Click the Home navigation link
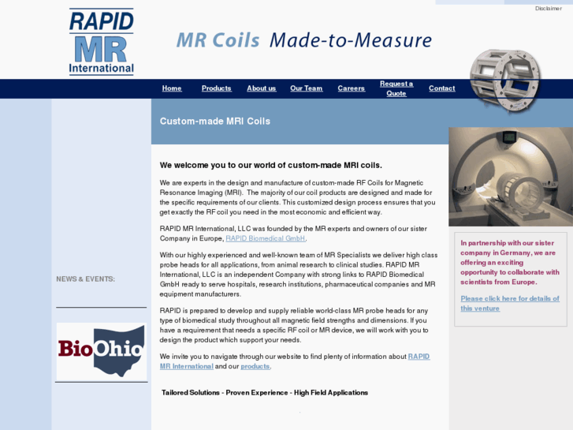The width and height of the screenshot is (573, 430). [x=172, y=88]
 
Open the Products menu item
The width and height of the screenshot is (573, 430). [x=216, y=88]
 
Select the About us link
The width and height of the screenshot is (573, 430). [x=261, y=88]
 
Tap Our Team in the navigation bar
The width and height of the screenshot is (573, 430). [x=306, y=88]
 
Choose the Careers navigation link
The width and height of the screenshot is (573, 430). [x=351, y=88]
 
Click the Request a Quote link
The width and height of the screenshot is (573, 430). [x=396, y=88]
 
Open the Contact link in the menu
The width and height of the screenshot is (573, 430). [x=441, y=88]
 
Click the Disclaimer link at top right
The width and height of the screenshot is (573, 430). [x=548, y=8]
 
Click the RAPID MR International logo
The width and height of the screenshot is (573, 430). [x=101, y=42]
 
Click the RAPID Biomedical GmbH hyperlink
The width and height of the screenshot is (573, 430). [x=265, y=238]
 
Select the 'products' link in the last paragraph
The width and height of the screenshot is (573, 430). [x=255, y=366]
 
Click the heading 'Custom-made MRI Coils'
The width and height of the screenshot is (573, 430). [x=214, y=122]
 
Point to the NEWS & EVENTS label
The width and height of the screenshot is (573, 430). [x=85, y=279]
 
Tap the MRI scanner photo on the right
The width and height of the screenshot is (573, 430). [x=510, y=177]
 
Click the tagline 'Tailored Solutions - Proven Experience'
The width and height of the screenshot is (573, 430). [x=264, y=392]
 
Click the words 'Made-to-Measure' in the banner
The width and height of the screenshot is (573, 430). [x=351, y=40]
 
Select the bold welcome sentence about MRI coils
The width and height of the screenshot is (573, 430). [x=270, y=165]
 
